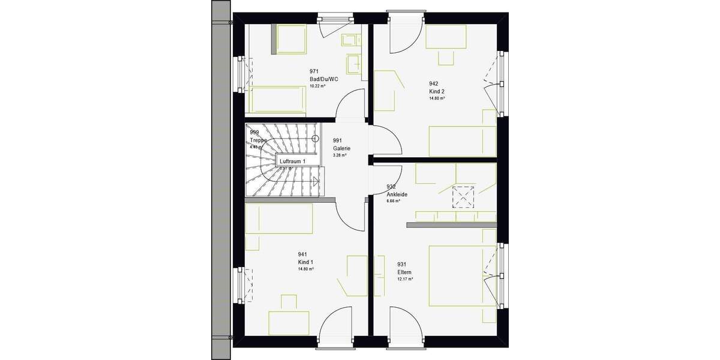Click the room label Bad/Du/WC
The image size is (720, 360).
pos(323,79)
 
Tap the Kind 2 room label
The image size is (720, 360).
pos(436,91)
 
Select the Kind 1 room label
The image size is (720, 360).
pos(305,262)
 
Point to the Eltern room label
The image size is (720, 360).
pos(405,272)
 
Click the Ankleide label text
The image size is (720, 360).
pos(397,194)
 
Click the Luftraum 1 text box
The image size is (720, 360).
pos(293,161)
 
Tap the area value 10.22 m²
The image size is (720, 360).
pos(317,86)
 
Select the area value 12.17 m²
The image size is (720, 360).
pos(405,279)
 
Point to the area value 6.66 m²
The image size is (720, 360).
pos(394,201)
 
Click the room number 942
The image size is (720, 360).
pos(433,84)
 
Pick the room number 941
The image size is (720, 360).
pos(302,254)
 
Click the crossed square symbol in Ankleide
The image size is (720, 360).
pos(463,196)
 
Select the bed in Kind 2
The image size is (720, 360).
pos(462,141)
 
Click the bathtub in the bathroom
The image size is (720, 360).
pos(277,98)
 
